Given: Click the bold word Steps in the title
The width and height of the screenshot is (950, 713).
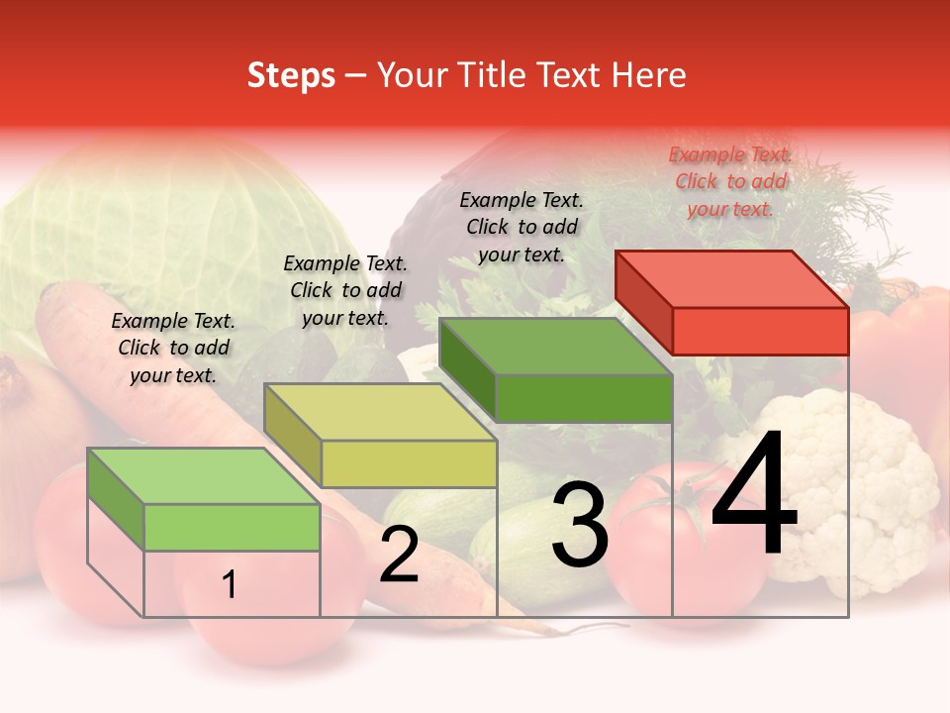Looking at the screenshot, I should tap(291, 75).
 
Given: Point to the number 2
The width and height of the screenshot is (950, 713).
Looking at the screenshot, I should tap(399, 556).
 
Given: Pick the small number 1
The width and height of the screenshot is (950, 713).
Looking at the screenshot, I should tap(230, 585).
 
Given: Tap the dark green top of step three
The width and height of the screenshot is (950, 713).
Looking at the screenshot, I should tap(556, 347).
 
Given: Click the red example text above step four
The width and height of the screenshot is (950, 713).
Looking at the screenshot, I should tap(730, 181).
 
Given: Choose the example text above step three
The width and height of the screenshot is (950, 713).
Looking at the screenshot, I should tap(522, 227).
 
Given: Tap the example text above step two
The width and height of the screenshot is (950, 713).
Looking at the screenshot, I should tap(345, 290).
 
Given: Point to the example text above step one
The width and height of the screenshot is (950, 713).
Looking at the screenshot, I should tap(173, 348).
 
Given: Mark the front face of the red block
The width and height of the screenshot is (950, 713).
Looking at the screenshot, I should tap(760, 331).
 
